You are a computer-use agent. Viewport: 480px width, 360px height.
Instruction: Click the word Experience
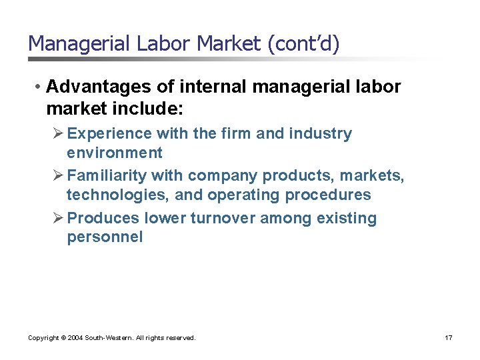click(112, 133)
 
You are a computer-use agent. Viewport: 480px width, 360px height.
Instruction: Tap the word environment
click(114, 153)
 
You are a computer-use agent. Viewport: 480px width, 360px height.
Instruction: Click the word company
click(223, 175)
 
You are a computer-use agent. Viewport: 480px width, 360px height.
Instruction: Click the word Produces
click(103, 218)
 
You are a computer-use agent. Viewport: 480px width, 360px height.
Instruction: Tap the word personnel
click(105, 237)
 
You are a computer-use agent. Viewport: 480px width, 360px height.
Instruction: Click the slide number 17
click(449, 338)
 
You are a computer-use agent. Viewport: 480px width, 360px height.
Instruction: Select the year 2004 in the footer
click(72, 338)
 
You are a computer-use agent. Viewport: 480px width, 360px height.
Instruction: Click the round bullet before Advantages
click(40, 87)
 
